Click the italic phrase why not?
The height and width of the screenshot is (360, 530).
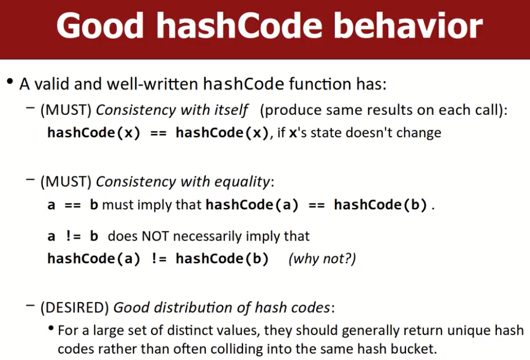click(322, 259)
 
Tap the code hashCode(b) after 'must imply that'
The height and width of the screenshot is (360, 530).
click(381, 205)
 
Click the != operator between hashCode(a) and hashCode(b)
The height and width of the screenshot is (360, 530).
click(159, 259)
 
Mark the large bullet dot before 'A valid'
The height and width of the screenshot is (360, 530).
click(10, 82)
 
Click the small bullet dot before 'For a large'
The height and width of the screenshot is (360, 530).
click(51, 328)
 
